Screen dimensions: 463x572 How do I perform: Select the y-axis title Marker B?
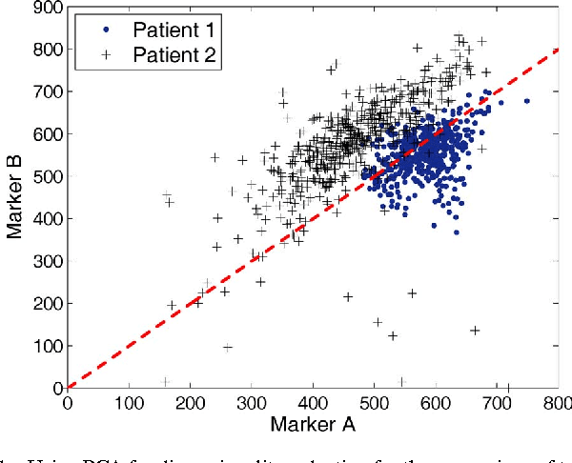click(x=16, y=197)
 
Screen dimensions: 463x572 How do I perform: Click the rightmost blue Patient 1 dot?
click(x=526, y=101)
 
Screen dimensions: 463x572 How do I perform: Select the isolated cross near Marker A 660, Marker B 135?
click(x=475, y=330)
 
